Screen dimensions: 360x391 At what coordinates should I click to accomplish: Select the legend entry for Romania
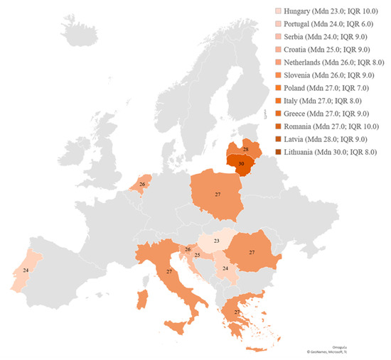[331, 126]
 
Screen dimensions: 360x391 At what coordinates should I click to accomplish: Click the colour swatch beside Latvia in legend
[277, 139]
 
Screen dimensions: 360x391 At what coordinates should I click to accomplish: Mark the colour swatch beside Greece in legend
[277, 114]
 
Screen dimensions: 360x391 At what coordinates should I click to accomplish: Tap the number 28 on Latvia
[245, 149]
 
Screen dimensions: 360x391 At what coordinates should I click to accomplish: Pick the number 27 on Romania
[252, 252]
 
